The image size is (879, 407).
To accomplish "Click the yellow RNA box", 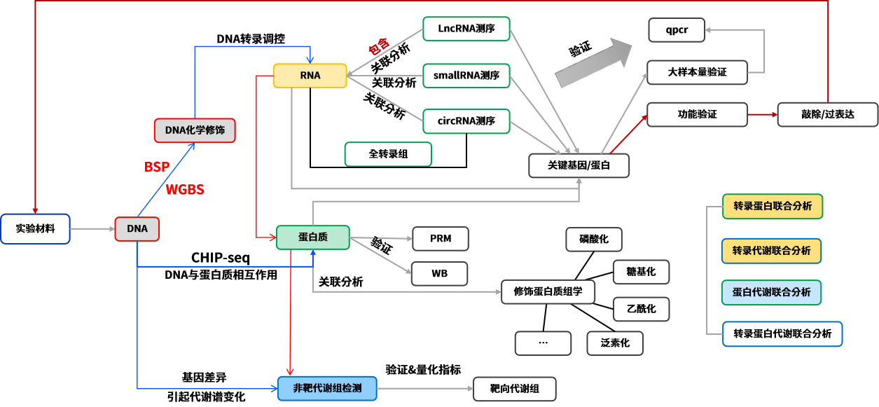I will click(x=310, y=76).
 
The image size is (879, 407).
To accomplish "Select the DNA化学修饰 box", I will click(x=195, y=130).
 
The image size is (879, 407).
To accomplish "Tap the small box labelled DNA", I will click(x=137, y=229).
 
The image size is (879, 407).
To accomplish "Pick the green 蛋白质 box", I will click(x=312, y=237).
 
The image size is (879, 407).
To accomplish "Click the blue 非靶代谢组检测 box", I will click(x=327, y=388).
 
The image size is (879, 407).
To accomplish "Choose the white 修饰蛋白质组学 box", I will click(x=548, y=292).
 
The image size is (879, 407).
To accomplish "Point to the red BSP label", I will click(x=157, y=167).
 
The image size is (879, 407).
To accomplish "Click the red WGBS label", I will click(x=185, y=189).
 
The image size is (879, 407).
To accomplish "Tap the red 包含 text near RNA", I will click(x=379, y=46).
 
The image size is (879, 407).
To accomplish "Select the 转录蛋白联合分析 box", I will click(x=773, y=207).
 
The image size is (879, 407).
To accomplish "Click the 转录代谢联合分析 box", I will click(x=771, y=251).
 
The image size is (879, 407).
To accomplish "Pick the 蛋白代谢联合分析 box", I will click(x=771, y=292).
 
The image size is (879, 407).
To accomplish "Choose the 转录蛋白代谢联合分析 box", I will click(x=782, y=334).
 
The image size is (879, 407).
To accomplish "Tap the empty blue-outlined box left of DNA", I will click(x=35, y=229).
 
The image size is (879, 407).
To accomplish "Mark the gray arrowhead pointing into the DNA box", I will click(x=111, y=229).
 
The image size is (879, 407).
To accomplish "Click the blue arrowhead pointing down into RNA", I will click(x=310, y=61).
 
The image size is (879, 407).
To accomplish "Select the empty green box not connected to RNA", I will click(x=388, y=154).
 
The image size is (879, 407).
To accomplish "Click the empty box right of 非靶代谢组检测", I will click(x=515, y=389).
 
